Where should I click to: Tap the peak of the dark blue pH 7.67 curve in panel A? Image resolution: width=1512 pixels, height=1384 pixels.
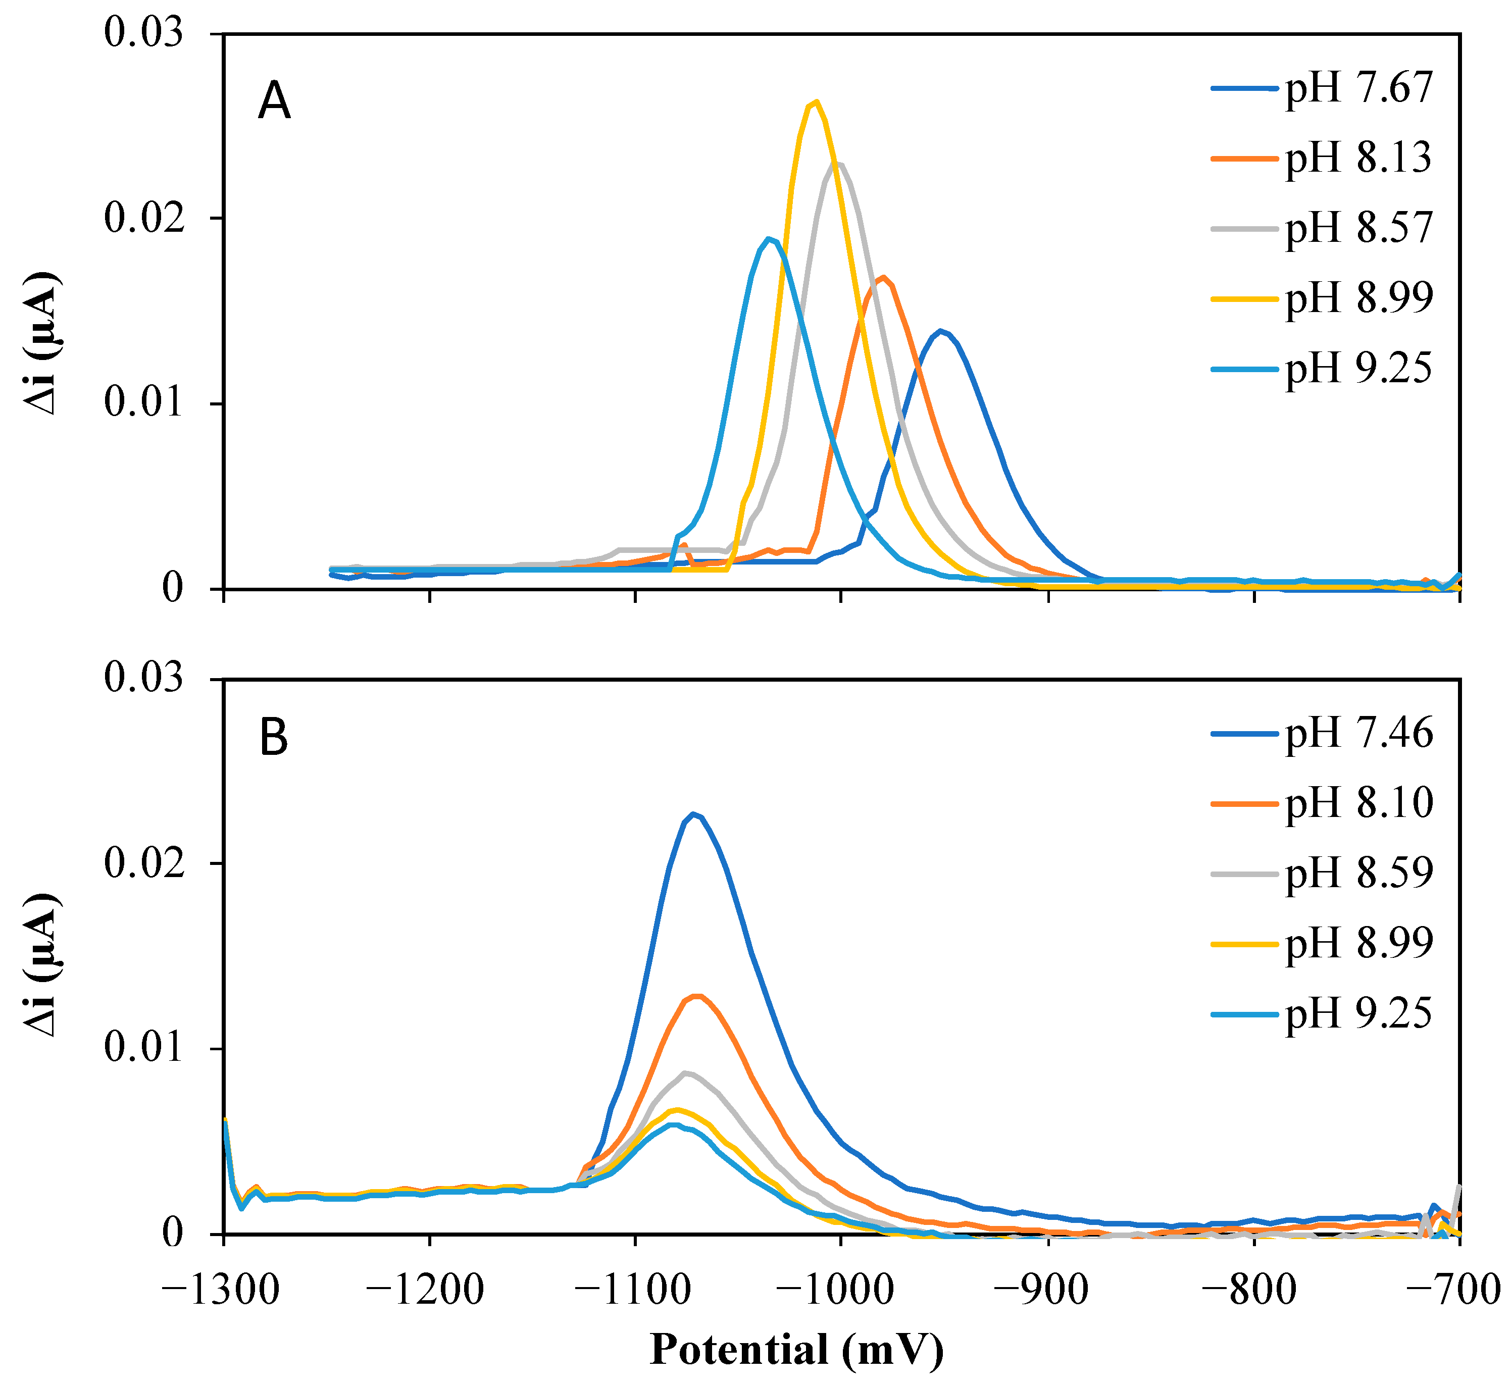[x=940, y=331]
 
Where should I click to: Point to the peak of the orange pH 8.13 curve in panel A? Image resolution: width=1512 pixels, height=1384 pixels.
[x=885, y=277]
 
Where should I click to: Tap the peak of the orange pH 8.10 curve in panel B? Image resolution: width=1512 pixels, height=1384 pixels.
[x=697, y=996]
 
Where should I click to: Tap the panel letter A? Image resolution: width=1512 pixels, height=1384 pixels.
[x=275, y=102]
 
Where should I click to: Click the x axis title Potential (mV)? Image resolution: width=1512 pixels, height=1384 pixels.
[x=796, y=1350]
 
